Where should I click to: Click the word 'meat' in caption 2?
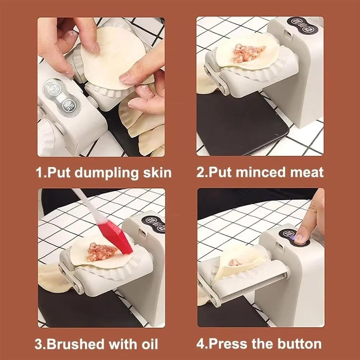306,172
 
